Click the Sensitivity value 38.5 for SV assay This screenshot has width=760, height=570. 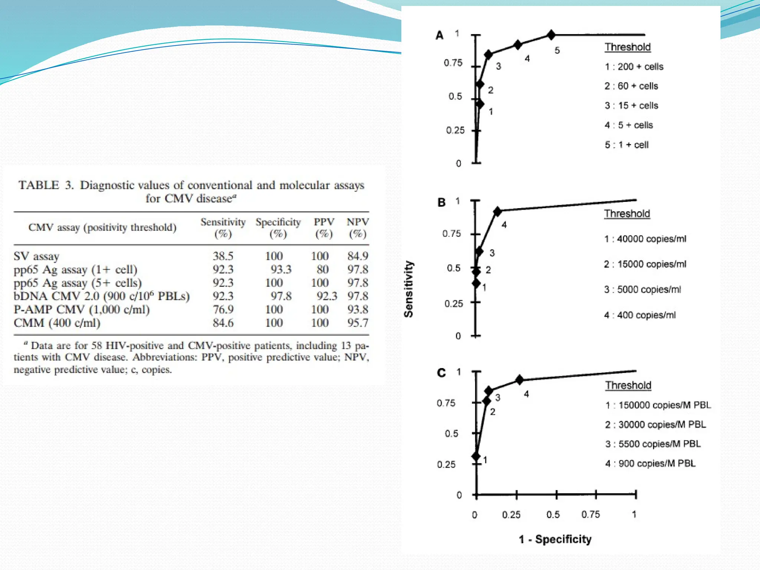pos(223,256)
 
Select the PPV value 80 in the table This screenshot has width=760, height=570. pos(322,269)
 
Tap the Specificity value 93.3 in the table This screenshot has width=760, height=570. pos(281,269)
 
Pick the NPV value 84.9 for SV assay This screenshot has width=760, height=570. pos(358,256)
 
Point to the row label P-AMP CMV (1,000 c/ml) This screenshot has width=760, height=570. pos(82,309)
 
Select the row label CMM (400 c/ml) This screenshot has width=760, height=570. pos(57,323)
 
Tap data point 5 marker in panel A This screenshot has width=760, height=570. pos(551,35)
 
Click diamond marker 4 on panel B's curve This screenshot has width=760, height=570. pos(498,212)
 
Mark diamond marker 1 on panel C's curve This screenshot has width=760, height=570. pos(476,456)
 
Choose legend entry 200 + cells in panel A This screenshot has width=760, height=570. pos(634,67)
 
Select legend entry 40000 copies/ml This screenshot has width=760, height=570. pos(645,239)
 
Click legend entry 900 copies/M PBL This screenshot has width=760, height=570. pos(651,463)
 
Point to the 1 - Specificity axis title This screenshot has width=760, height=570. pos(555,539)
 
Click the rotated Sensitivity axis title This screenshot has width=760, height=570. pos(409,289)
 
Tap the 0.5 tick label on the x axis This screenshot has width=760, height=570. pos(553,515)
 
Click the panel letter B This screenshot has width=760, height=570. pos(442,203)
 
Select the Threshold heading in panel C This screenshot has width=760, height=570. pos(628,386)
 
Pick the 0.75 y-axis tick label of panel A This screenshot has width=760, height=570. pos(453,63)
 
